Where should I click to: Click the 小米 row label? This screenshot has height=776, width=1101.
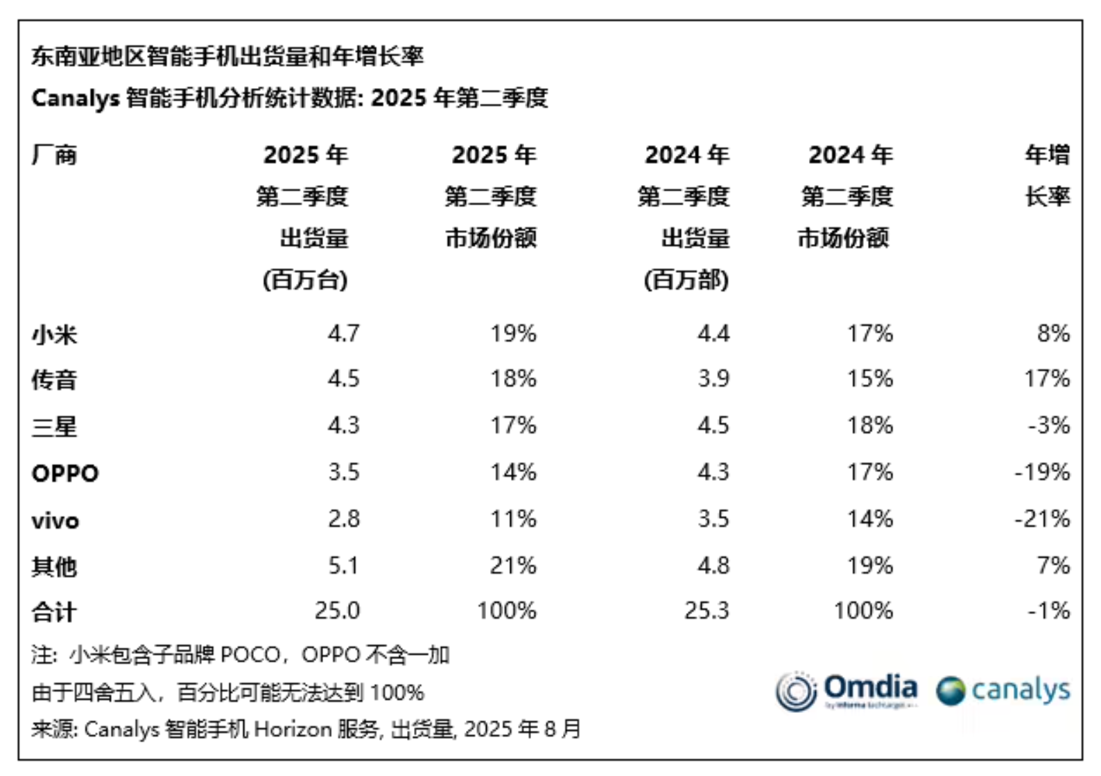coord(54,335)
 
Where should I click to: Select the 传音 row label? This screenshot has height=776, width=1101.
coord(54,380)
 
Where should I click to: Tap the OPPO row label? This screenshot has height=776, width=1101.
coord(65,473)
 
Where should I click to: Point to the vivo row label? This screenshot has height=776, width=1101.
coord(55,520)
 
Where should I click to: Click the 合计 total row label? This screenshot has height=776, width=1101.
coord(54,612)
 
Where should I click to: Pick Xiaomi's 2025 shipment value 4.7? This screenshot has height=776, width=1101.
coord(343,333)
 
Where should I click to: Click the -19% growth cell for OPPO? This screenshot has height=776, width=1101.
coord(1042,473)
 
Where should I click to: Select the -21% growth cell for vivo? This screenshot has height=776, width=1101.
coord(1042,519)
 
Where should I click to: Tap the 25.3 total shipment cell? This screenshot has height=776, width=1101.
coord(706,610)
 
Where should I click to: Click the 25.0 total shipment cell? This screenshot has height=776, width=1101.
coord(337,610)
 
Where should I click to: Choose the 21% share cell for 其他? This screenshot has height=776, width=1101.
coord(513,565)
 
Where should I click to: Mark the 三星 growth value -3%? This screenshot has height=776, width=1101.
coord(1048,425)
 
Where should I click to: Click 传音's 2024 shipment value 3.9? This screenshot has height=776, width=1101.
coord(713,378)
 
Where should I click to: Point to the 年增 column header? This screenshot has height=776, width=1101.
coord(1048,155)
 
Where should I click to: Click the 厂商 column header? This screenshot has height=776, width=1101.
coord(54,155)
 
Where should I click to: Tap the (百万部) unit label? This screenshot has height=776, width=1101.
coord(686,280)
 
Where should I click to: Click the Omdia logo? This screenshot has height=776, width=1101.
coord(847,690)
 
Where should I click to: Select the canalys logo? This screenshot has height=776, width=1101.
coord(1003,690)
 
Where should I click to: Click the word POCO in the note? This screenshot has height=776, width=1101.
coord(250,654)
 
